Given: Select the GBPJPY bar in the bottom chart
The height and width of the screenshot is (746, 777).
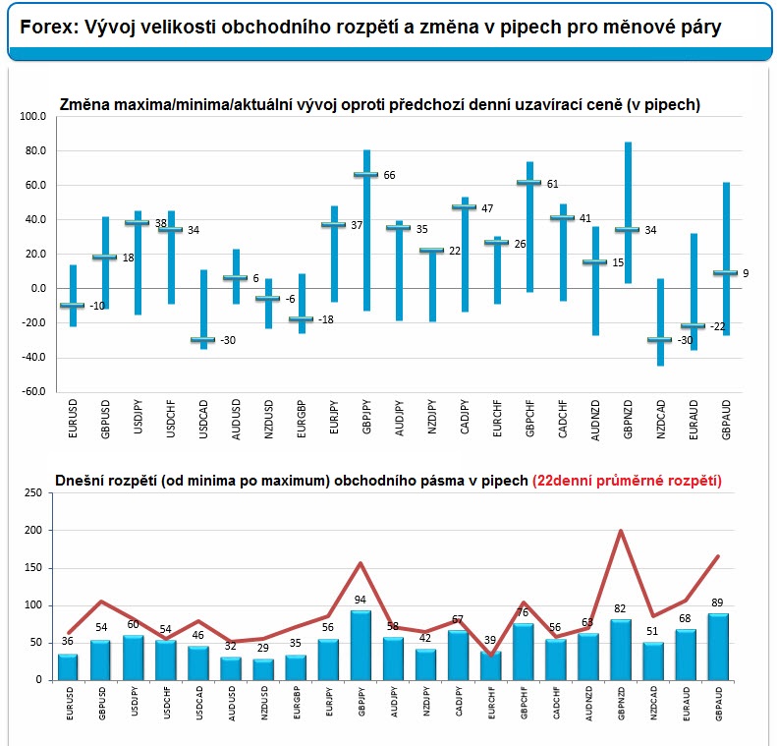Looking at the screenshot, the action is pos(361,646).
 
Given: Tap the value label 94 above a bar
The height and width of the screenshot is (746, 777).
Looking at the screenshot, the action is pos(361,600).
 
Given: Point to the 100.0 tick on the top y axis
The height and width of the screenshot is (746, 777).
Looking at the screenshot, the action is pos(32,117).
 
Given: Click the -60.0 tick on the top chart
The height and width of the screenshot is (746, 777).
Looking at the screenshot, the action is pos(33,391).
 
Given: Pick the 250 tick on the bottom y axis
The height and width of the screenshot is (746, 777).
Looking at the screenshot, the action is pos(33,492).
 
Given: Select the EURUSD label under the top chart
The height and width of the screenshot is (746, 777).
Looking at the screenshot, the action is pos(73,419).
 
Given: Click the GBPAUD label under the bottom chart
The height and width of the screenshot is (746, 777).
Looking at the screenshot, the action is pos(719,704).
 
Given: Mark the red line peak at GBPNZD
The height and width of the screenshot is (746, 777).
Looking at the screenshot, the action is pos(621,531).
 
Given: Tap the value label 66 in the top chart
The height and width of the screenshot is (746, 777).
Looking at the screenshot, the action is pos(390,176).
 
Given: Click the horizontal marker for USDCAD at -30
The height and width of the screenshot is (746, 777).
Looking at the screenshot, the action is pos(203,339).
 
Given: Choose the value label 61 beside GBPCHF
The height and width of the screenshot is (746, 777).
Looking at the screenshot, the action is pos(552,185).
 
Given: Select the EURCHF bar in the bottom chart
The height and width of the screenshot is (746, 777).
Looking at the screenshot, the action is pos(490,665).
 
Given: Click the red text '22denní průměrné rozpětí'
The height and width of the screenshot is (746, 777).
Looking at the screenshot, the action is pos(627,481).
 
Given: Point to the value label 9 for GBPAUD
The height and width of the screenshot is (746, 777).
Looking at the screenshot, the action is pos(746,273).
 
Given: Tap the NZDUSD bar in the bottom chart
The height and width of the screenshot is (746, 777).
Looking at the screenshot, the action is pos(263,669).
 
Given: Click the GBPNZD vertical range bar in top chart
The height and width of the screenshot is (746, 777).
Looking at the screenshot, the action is pos(628,212).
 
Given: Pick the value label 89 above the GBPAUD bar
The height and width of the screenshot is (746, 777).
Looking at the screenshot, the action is pos(717,603).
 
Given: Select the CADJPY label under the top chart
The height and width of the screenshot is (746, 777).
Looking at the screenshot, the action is pos(465,417).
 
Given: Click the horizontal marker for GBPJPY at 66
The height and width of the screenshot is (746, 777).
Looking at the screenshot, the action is pos(366,175).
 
